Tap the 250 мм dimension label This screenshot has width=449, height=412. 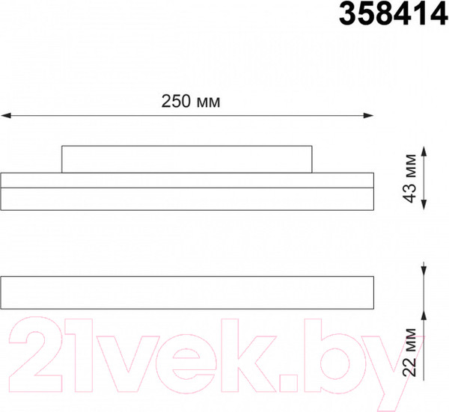[191, 102]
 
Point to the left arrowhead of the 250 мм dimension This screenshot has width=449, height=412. [5, 115]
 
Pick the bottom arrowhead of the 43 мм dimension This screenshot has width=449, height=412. [426, 204]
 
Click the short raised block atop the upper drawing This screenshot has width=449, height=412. [186, 159]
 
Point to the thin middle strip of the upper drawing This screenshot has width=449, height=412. [186, 180]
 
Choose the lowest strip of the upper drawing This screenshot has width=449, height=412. [186, 198]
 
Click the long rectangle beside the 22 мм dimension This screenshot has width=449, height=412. [186, 292]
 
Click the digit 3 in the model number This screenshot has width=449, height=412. [350, 14]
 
